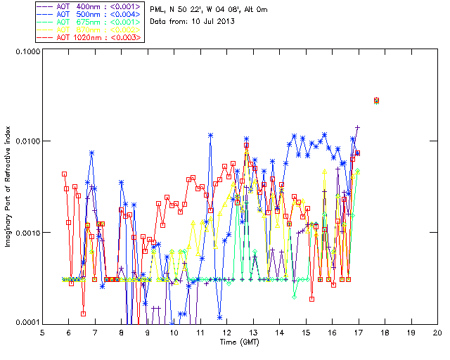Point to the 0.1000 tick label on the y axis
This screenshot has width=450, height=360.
(x=25, y=52)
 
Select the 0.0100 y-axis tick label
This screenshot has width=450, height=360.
(x=25, y=142)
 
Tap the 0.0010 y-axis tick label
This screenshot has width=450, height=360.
(x=25, y=233)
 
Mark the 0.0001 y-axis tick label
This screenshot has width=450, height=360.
(x=25, y=323)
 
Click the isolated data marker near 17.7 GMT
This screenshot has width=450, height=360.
(x=376, y=101)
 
